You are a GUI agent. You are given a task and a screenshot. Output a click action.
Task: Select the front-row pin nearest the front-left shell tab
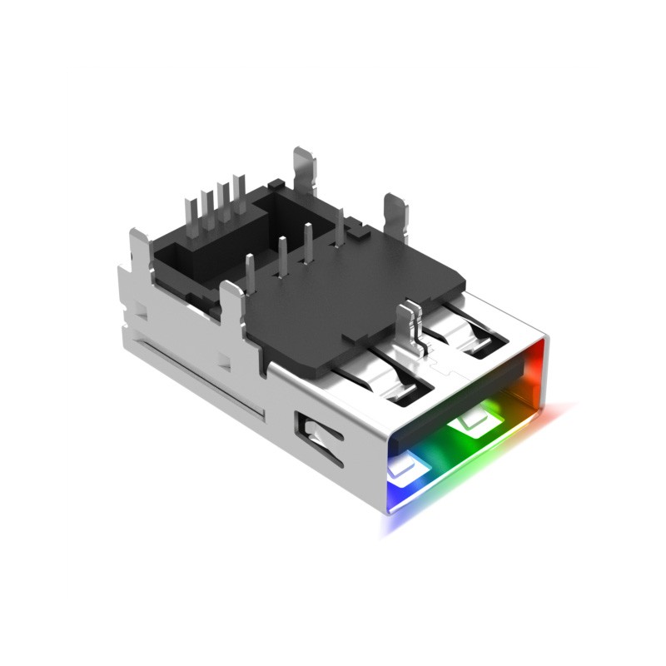250,269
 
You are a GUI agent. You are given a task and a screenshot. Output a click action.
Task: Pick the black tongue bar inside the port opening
466,396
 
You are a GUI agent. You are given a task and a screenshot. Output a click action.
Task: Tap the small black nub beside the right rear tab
358,226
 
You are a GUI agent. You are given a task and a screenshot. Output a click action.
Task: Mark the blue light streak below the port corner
391,520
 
